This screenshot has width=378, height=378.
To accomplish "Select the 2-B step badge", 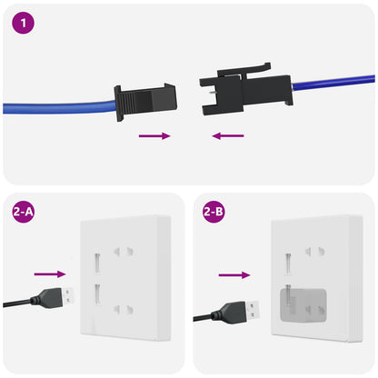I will click(x=214, y=214).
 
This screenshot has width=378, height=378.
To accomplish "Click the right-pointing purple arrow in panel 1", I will click(x=154, y=136).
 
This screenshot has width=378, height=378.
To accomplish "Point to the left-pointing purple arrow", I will click(x=226, y=136).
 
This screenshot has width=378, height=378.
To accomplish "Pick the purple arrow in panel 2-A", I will click(x=50, y=273).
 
